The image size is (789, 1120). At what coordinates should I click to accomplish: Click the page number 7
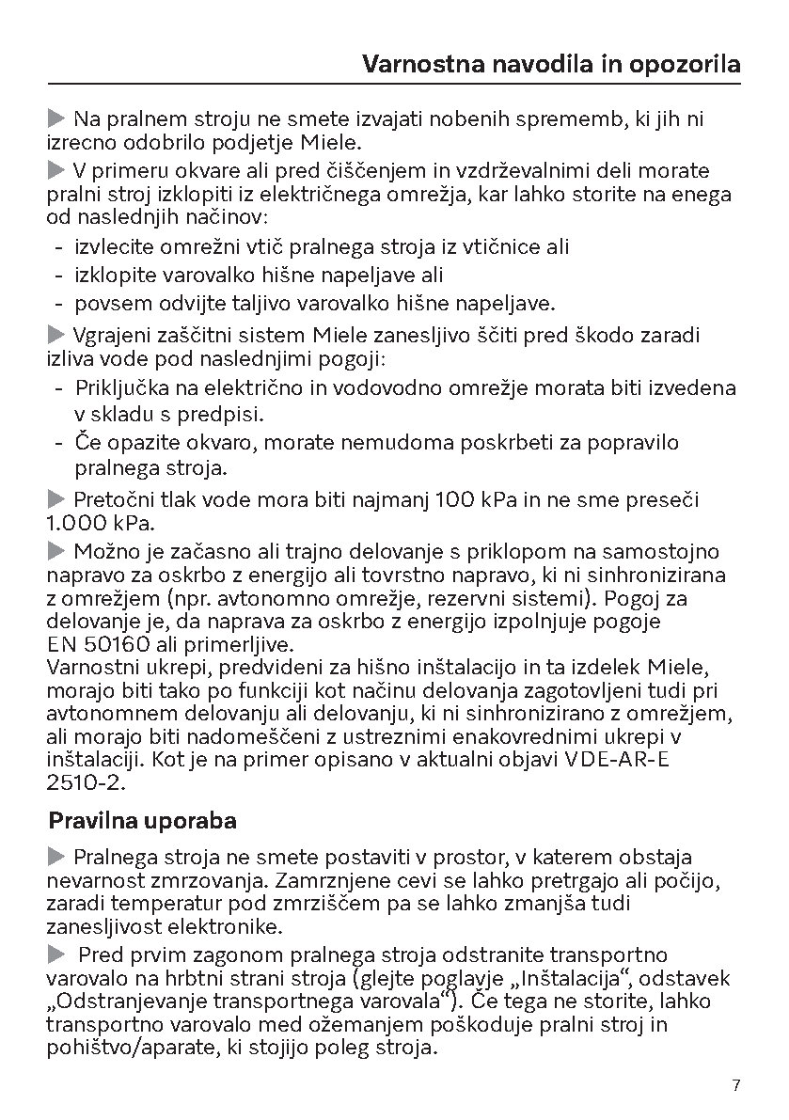(x=736, y=1085)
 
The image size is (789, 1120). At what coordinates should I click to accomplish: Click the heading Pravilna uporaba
(x=142, y=820)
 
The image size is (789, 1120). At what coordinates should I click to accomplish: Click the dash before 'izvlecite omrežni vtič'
(x=59, y=247)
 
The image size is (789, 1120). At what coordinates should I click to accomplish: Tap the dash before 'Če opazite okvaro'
(x=59, y=442)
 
